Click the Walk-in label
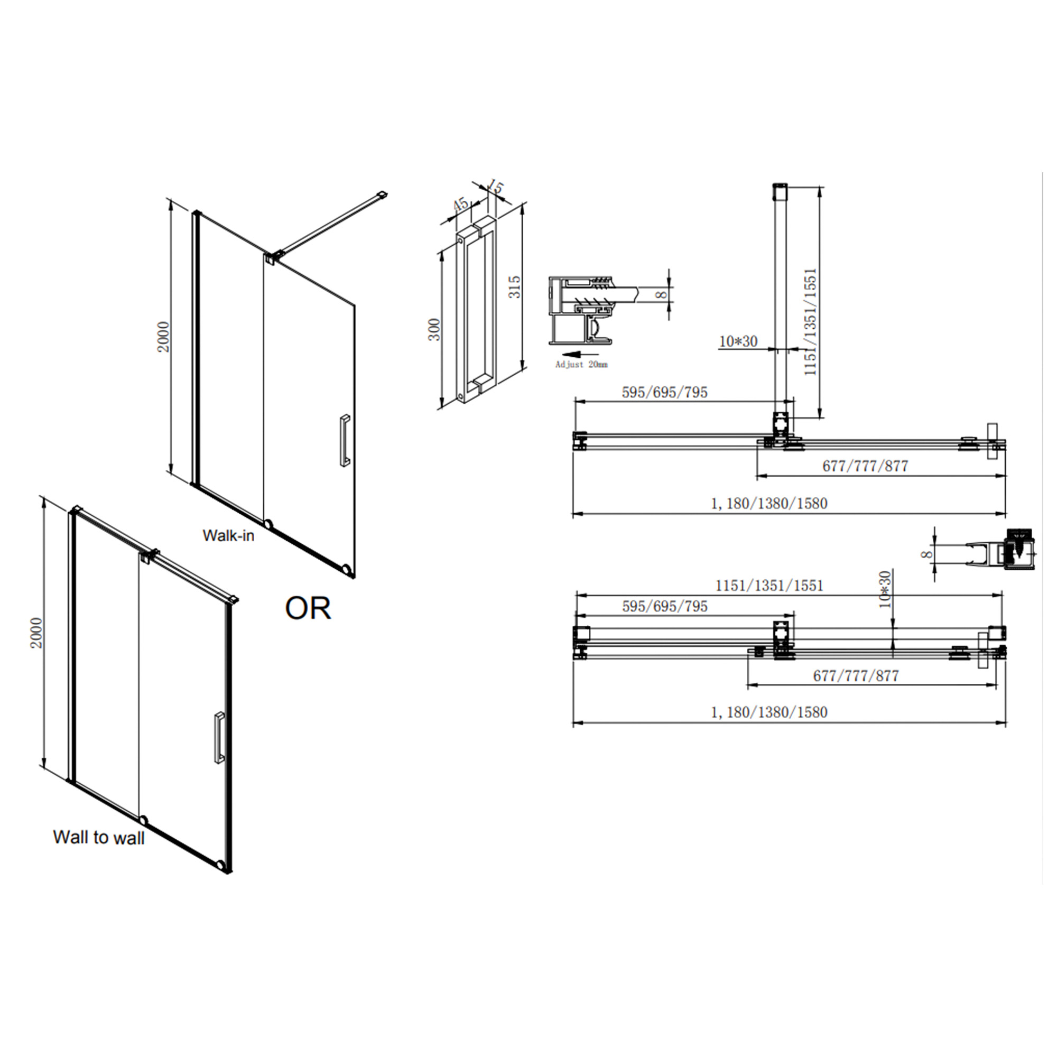click(x=229, y=536)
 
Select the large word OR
click(x=308, y=608)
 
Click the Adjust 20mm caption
click(x=581, y=364)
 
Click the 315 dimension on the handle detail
click(x=515, y=286)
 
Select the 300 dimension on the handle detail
click(x=434, y=329)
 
